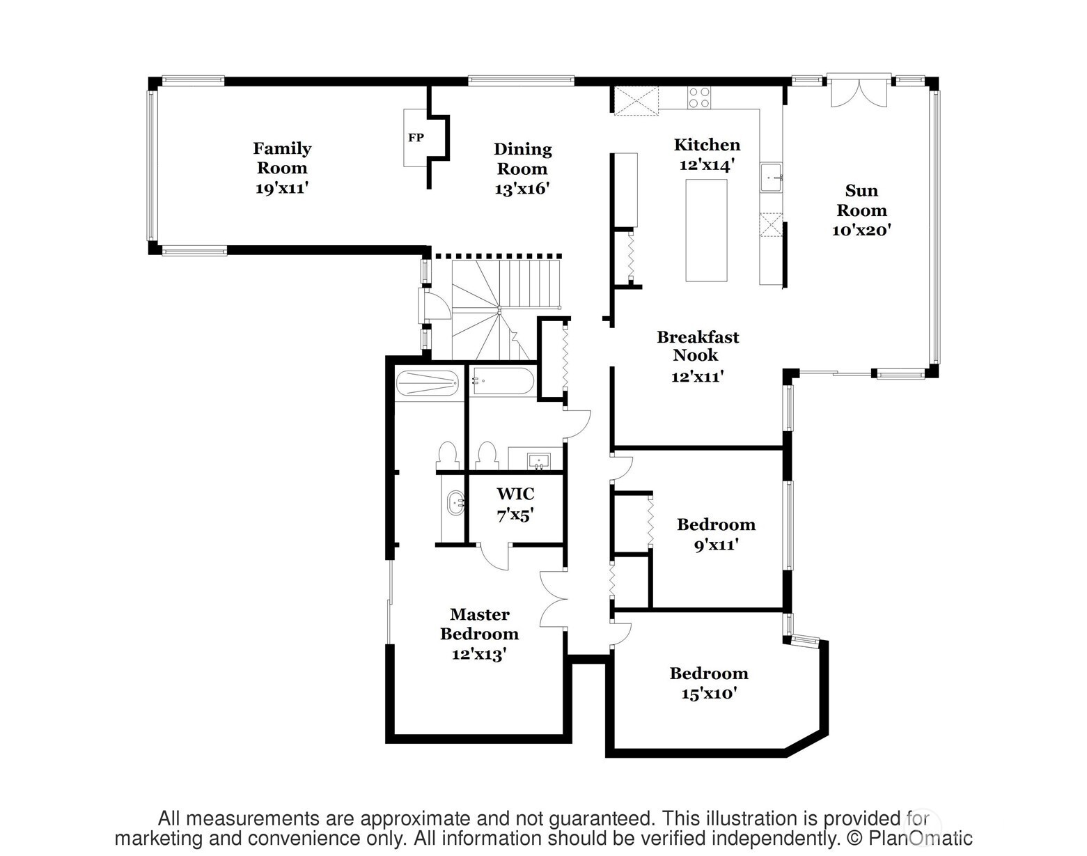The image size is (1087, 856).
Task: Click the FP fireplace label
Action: point(416,138)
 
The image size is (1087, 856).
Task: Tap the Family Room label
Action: point(282,158)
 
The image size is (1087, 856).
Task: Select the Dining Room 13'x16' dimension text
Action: point(522,189)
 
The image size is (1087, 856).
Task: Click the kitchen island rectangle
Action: point(706,230)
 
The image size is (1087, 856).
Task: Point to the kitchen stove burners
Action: point(699,98)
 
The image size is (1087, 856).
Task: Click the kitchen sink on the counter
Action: point(772,178)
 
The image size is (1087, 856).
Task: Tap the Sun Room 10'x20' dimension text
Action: point(861,231)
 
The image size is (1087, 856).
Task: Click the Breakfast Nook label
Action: point(698,346)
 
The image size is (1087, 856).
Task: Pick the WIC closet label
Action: point(515,495)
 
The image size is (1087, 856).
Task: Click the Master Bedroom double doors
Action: point(554,599)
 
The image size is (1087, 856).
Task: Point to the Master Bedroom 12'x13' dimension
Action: point(478,655)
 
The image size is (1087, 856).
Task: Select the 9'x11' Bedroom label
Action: point(716,524)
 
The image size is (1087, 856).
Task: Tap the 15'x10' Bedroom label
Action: point(709,674)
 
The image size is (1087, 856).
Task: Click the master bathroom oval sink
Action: point(455,502)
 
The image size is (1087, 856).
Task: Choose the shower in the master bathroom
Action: point(427,383)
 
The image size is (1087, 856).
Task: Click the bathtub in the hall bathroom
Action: point(502,382)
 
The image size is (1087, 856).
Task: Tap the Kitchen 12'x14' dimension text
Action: point(707,165)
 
